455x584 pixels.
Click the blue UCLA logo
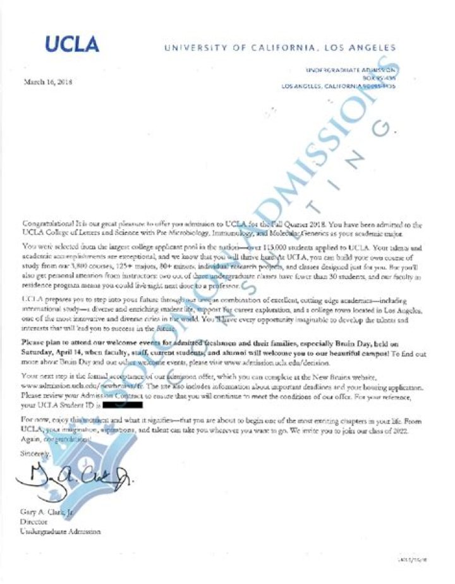[71, 44]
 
